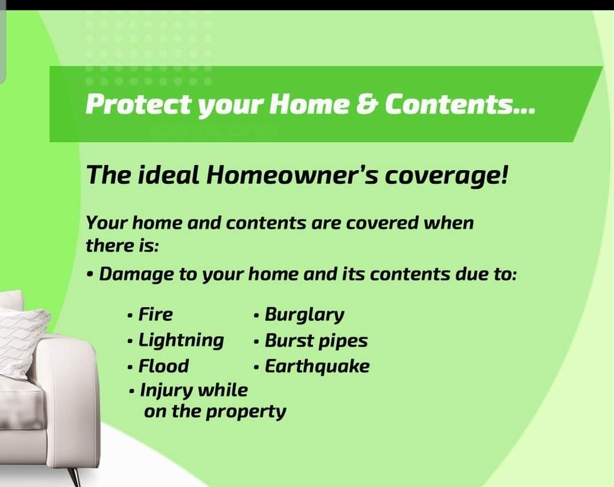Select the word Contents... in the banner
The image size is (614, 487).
point(460,105)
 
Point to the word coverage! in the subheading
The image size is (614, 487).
point(446,175)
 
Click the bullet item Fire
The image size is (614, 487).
point(155,314)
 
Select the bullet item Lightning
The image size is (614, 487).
point(181,340)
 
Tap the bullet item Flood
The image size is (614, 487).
point(163,366)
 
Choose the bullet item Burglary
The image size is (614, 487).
point(304,315)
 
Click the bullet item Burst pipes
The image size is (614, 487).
point(316,341)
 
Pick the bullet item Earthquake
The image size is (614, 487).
point(317,366)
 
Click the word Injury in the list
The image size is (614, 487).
point(166,391)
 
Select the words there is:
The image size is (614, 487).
point(122,245)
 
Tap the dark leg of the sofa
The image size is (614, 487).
point(75,476)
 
